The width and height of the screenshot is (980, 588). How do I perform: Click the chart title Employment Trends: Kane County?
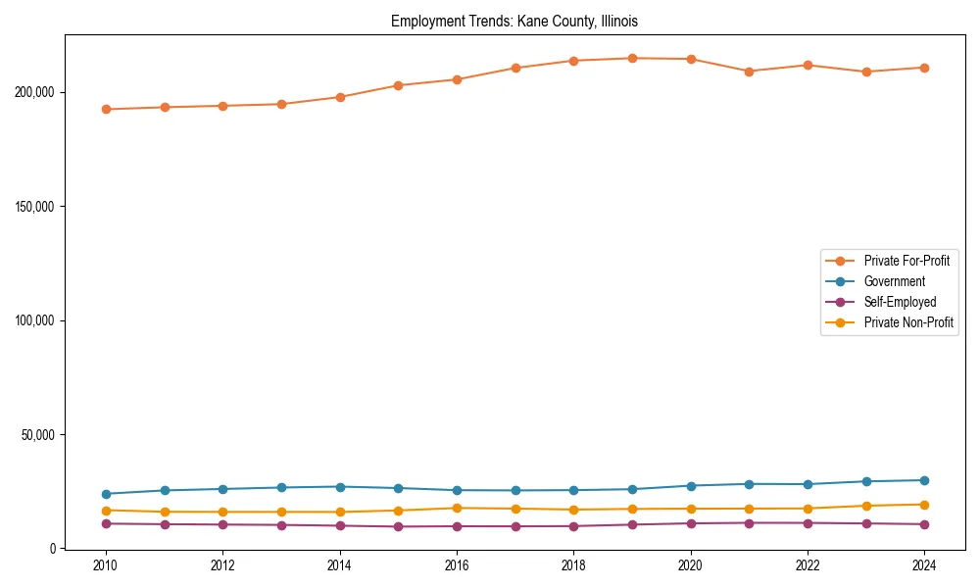(514, 21)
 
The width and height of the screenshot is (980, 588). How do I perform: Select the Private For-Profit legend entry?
(901, 261)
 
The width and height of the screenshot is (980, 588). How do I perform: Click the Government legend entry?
(894, 281)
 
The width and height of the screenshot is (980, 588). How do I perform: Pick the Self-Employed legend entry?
(900, 302)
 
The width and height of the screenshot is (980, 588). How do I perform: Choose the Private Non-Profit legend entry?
(908, 322)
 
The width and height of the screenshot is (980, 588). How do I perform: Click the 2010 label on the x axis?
(106, 565)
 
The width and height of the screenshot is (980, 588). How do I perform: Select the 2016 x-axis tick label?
(457, 565)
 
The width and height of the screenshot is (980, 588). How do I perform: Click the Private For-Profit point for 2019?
(632, 58)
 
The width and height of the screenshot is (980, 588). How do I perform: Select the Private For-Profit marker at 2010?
(106, 110)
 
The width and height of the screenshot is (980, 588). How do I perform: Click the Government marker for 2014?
(340, 487)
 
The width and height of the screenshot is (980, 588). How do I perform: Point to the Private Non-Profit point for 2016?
(457, 508)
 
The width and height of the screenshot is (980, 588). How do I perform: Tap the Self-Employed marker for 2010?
(106, 523)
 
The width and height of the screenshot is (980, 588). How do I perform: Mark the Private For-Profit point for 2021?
(749, 72)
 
